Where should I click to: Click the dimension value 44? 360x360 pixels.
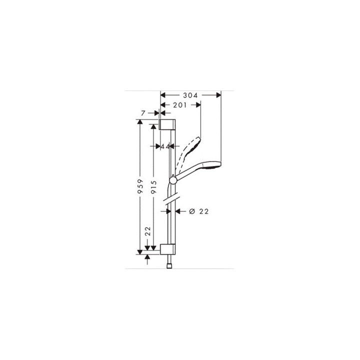(x=164, y=146)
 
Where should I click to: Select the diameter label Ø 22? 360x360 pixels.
(x=198, y=211)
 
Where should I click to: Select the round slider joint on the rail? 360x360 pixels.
(x=172, y=179)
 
